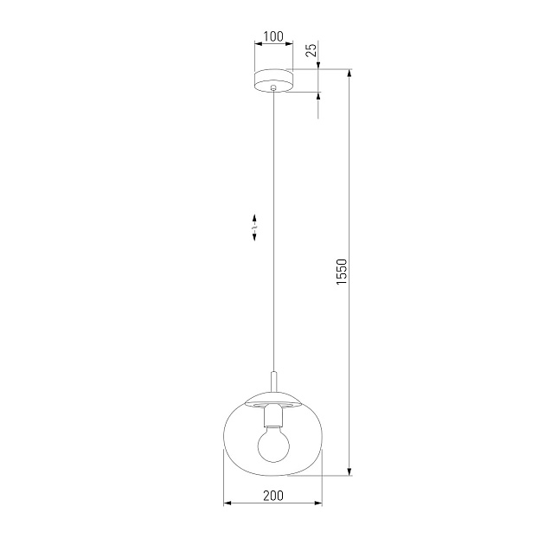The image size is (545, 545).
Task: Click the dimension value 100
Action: click(x=273, y=36)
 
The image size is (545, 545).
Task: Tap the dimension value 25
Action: click(x=313, y=51)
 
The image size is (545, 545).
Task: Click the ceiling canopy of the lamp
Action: click(x=273, y=80)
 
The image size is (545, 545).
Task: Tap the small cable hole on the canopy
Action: click(x=273, y=88)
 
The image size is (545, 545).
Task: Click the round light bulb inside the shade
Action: click(x=273, y=444)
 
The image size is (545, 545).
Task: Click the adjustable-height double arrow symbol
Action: click(x=254, y=227)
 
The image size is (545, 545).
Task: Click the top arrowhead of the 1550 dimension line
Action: click(x=350, y=74)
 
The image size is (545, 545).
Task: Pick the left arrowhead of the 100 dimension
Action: click(x=257, y=45)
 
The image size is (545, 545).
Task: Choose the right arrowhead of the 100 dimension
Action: click(x=290, y=45)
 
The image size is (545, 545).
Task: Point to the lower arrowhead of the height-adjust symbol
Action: click(x=254, y=237)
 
